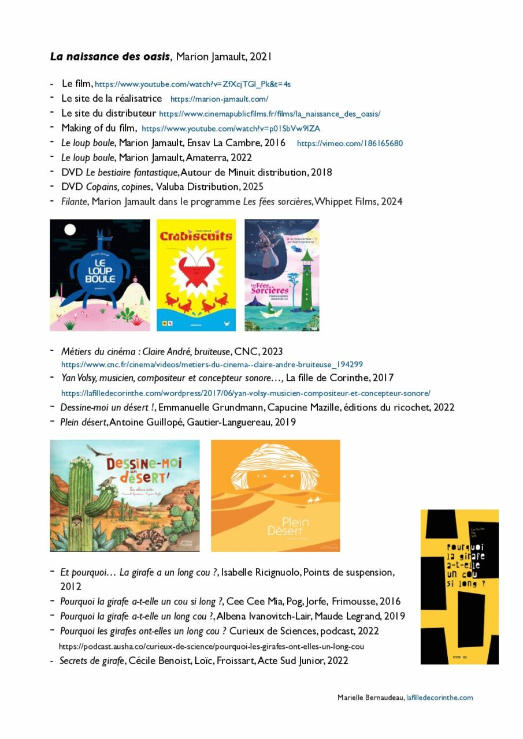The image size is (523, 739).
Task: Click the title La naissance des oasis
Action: tap(110, 57)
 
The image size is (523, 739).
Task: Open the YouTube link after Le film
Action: tap(192, 84)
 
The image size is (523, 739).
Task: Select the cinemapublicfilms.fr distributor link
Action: tap(269, 114)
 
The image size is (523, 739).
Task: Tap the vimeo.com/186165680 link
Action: tap(350, 143)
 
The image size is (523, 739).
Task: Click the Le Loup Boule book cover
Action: tap(100, 275)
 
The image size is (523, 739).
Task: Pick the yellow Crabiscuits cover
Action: tap(196, 275)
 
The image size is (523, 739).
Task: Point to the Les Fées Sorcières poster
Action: tap(282, 275)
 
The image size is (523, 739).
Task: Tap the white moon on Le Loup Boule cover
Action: tap(70, 230)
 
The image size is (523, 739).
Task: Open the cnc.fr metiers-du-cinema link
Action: tap(212, 364)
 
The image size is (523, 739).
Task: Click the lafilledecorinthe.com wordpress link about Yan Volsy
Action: tap(246, 393)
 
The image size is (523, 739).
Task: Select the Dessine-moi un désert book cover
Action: tap(125, 495)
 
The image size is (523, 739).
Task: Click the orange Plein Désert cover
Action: tap(275, 495)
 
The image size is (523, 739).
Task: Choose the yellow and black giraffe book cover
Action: tap(459, 587)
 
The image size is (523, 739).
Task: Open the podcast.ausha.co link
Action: tap(212, 646)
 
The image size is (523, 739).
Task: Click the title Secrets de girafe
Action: tap(92, 660)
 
